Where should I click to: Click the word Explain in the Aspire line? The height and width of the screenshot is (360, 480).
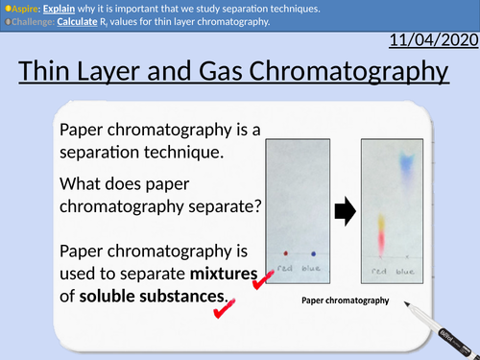pos(58,8)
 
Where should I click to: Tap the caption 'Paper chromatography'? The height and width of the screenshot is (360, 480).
pos(345,301)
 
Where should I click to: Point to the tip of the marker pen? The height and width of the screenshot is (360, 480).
pos(407,310)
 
